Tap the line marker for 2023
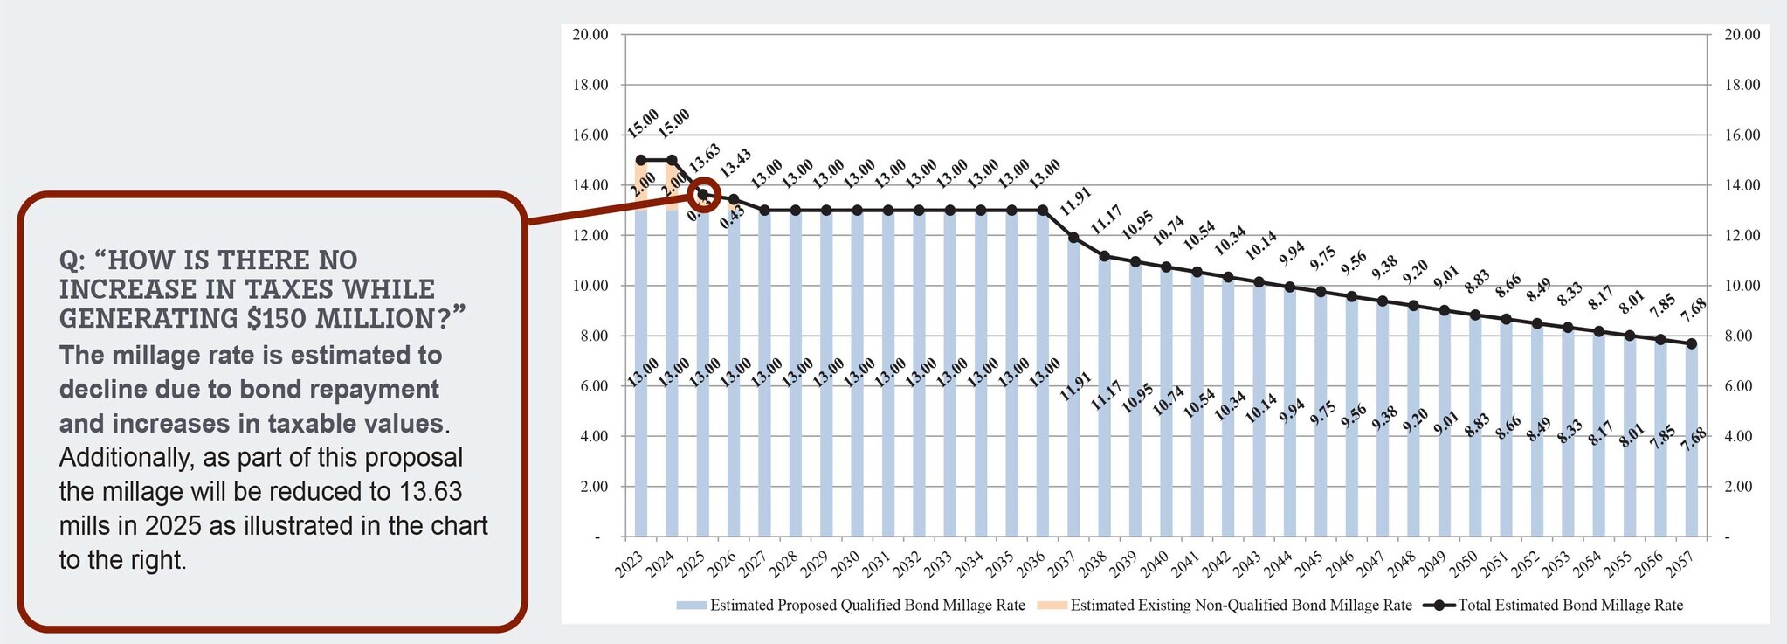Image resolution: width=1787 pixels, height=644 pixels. tap(641, 160)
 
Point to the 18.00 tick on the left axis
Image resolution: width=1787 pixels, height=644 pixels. tap(590, 85)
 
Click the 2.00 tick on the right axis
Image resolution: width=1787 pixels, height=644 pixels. tap(1741, 486)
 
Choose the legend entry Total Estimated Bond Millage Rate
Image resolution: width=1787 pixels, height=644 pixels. tap(1570, 605)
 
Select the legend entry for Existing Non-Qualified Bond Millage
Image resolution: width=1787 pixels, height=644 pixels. tap(1240, 605)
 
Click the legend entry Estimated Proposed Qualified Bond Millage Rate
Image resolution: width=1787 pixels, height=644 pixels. tap(866, 605)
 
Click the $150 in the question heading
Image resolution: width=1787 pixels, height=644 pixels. tap(277, 318)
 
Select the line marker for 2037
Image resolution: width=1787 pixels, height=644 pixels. tap(1073, 238)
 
